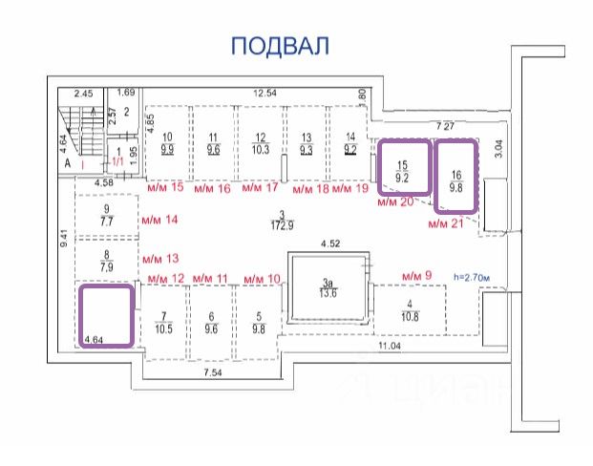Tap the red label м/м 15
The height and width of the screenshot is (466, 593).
163,188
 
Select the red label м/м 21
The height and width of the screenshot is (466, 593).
444,223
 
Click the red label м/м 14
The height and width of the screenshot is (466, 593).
159,220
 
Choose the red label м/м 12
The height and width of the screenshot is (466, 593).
164,278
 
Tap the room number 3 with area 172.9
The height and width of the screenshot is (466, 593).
282,219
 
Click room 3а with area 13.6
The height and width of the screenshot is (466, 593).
328,288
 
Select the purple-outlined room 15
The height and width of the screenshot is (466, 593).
402,169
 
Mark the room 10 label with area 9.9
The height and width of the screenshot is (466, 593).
167,143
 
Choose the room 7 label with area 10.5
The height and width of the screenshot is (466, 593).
163,322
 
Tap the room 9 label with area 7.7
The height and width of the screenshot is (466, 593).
107,215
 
